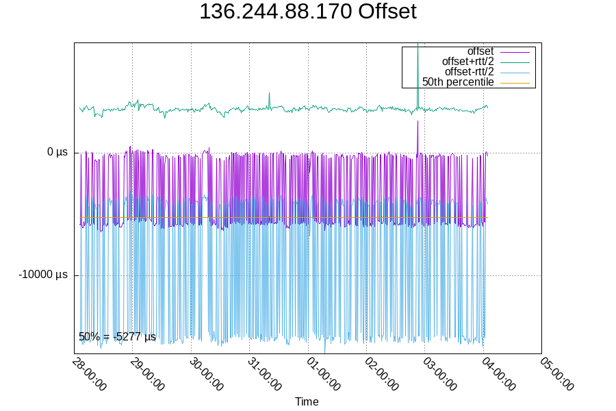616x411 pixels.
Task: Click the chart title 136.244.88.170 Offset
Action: click(x=307, y=12)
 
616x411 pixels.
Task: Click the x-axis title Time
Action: click(x=307, y=401)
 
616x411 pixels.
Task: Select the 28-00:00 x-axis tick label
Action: click(x=90, y=374)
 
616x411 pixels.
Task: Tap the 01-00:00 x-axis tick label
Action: click(x=324, y=374)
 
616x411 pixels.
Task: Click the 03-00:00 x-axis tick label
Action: click(x=441, y=374)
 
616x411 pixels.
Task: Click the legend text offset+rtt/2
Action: click(x=467, y=62)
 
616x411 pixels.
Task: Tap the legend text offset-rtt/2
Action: click(x=469, y=72)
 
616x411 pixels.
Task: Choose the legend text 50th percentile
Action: click(x=458, y=82)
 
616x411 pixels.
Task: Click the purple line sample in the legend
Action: click(x=515, y=51)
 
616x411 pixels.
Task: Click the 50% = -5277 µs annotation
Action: click(x=117, y=337)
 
